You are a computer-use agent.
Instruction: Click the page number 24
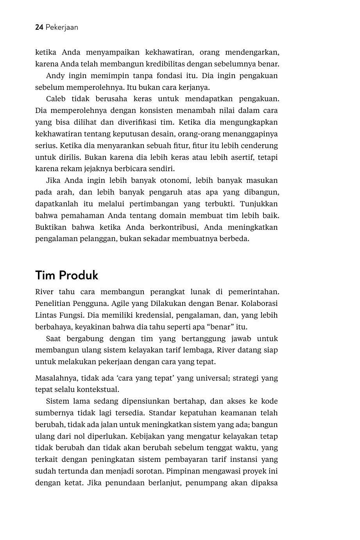tap(39, 27)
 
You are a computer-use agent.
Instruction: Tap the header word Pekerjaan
tap(62, 27)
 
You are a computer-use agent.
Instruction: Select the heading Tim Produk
tap(66, 275)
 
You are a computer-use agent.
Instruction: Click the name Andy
tap(55, 75)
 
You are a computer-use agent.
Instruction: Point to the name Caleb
tap(56, 99)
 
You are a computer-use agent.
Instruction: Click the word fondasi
tap(170, 75)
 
